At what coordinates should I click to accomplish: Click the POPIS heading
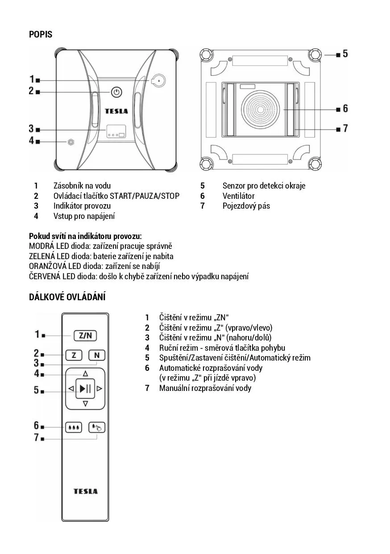41,34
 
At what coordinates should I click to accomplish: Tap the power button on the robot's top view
116,92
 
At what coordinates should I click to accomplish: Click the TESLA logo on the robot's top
116,111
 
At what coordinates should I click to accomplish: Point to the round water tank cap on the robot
158,80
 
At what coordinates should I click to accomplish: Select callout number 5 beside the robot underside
345,54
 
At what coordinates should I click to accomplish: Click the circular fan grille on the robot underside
262,109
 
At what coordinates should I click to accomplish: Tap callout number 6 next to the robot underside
345,109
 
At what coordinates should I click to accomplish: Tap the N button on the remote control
97,355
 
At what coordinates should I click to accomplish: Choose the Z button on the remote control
74,355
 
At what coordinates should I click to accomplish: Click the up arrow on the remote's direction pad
85,374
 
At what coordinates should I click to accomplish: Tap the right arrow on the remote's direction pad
100,389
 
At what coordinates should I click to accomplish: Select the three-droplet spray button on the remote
74,428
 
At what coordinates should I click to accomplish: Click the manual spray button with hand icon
96,428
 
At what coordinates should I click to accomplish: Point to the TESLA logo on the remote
85,491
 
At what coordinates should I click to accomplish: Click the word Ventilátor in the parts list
238,196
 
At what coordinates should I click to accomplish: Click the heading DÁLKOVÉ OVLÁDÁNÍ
67,297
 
